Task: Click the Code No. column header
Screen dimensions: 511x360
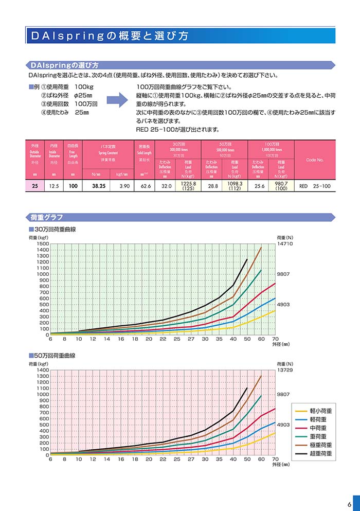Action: (x=315, y=160)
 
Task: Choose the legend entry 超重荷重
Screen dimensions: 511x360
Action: (x=320, y=453)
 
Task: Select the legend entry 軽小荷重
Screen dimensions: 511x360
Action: (x=320, y=411)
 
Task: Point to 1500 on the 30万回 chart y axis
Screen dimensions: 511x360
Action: (x=42, y=244)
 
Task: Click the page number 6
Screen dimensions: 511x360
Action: (x=349, y=503)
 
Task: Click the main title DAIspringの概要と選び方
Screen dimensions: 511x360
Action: (x=110, y=37)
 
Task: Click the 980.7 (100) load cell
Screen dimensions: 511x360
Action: (x=281, y=186)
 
